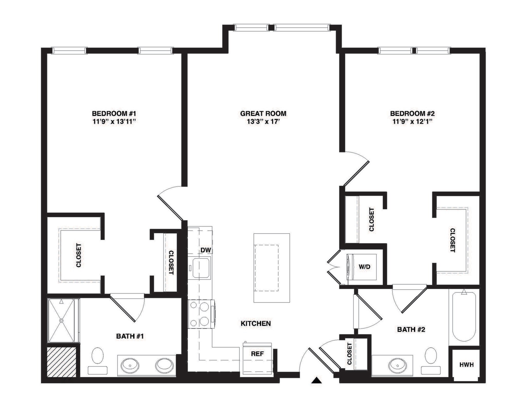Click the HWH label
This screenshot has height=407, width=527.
click(x=466, y=365)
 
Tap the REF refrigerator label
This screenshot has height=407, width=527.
click(x=257, y=354)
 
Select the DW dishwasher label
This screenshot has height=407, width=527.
click(x=206, y=250)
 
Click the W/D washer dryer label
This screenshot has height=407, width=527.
click(x=364, y=267)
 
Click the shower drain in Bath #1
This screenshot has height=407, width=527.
click(x=61, y=321)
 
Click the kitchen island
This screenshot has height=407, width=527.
click(x=271, y=268)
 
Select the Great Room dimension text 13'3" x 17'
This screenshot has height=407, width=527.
click(x=263, y=122)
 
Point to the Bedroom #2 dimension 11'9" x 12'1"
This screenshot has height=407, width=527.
click(x=412, y=122)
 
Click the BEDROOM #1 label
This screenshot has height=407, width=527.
click(x=114, y=113)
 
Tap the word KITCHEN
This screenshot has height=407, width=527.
click(x=256, y=323)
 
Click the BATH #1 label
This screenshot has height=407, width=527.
click(x=130, y=336)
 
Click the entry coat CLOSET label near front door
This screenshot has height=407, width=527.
click(x=349, y=354)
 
